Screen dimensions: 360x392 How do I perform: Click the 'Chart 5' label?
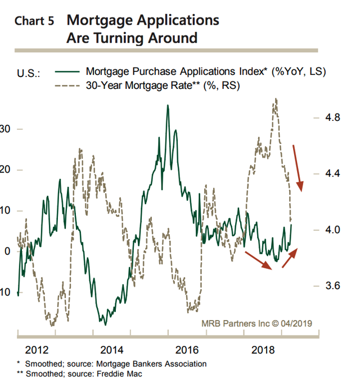(x=34, y=21)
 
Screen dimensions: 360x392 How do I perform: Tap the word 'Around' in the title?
(x=173, y=38)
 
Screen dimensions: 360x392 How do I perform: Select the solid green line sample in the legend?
(x=67, y=72)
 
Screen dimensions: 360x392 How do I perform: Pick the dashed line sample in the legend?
(x=67, y=85)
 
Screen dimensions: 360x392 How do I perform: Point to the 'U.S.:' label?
(x=28, y=73)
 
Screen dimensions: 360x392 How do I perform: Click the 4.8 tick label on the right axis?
(x=332, y=117)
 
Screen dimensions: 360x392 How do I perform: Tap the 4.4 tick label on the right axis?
(x=332, y=173)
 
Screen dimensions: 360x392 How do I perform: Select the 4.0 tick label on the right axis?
(x=332, y=229)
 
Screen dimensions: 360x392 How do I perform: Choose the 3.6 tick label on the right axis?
(x=332, y=286)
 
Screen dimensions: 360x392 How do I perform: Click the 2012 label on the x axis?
(x=37, y=350)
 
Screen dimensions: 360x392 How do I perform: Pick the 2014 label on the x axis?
(x=112, y=350)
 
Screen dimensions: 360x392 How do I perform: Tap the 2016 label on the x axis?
(x=187, y=350)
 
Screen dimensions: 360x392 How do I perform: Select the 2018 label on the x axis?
(x=263, y=350)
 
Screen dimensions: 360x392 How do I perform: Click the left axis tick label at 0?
(x=7, y=251)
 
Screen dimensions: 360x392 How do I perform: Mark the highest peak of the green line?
(x=168, y=105)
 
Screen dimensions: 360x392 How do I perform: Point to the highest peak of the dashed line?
(x=276, y=98)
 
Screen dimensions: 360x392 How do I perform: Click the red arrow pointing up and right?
(x=290, y=258)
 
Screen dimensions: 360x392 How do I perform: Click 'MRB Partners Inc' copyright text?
(x=236, y=323)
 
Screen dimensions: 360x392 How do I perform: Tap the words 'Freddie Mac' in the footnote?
(x=119, y=374)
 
